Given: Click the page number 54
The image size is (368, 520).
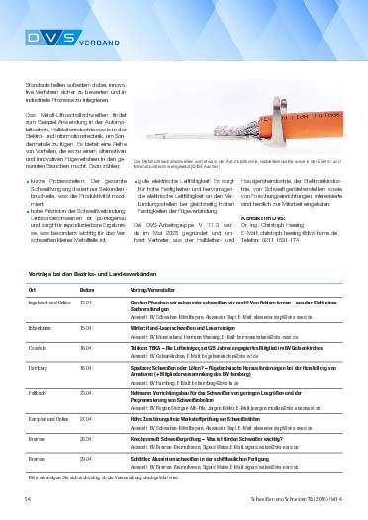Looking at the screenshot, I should point(28,500).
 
